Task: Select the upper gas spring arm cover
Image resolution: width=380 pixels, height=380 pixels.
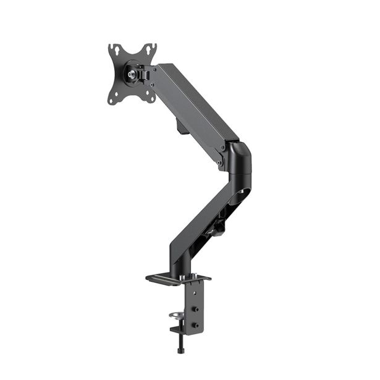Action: pyautogui.click(x=195, y=102)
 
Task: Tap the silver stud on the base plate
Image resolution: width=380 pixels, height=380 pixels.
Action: pyautogui.click(x=196, y=276)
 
